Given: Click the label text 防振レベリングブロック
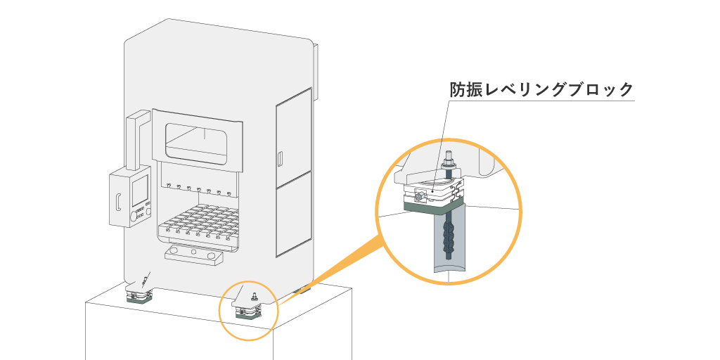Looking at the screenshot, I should click(541, 90).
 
